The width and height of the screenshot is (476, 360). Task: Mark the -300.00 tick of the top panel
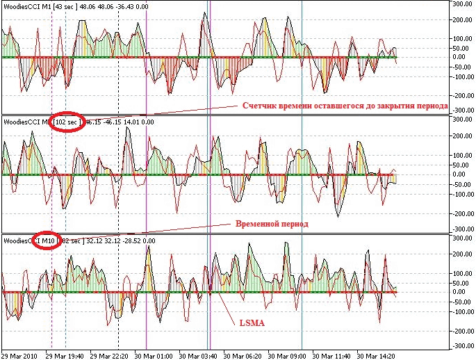pos(461,110)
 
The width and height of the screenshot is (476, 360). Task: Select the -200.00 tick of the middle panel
pos(461,213)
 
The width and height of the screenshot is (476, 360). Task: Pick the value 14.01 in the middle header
pos(135,122)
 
